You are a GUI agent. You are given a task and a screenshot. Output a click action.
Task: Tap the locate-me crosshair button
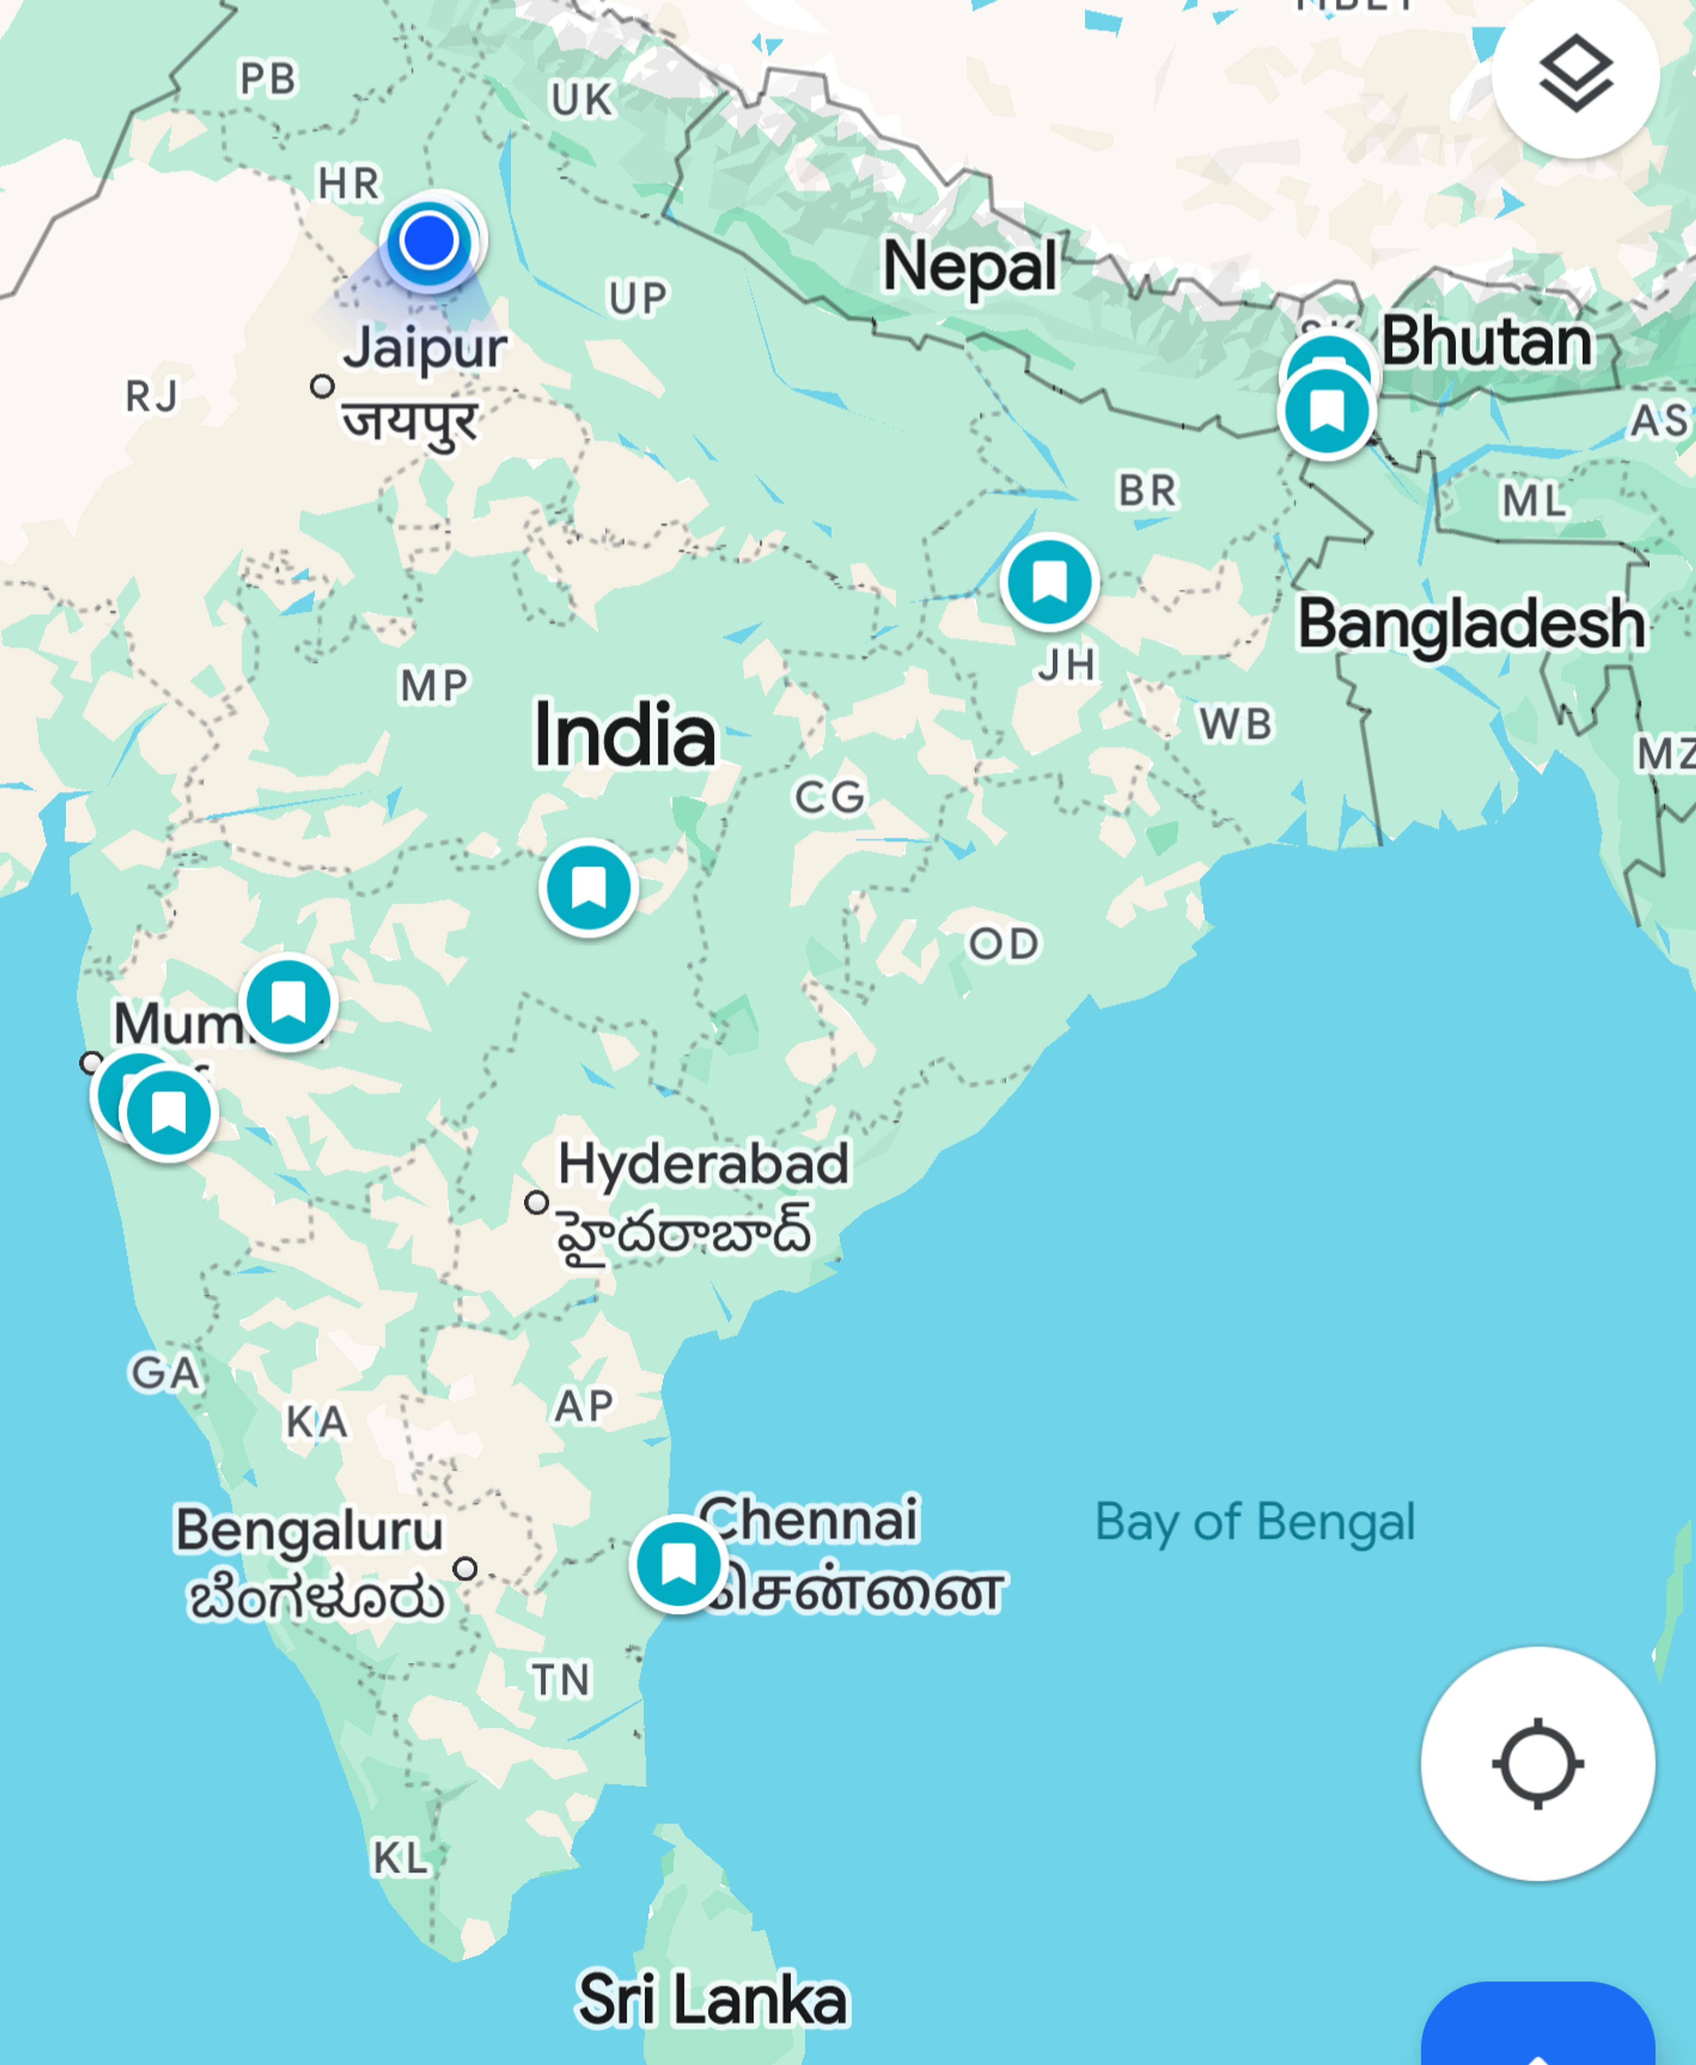[x=1537, y=1764]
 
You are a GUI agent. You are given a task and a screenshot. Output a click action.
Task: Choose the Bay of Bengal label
[x=1254, y=1522]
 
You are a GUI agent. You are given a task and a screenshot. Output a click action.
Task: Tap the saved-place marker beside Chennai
[x=678, y=1564]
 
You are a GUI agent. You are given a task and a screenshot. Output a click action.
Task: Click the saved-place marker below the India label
[x=588, y=888]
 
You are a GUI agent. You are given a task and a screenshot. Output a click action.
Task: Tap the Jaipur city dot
[x=322, y=386]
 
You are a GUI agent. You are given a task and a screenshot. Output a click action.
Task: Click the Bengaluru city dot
[x=465, y=1568]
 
